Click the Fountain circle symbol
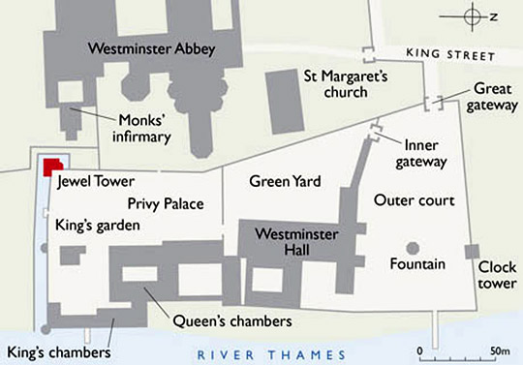[413, 249]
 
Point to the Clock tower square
[472, 252]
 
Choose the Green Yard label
[284, 181]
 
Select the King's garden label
[97, 225]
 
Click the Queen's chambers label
[231, 320]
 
